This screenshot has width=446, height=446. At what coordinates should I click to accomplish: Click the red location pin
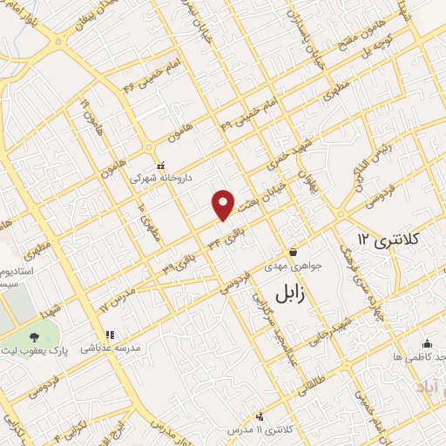click(x=223, y=205)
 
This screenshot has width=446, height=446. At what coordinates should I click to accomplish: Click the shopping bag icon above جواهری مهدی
click(x=294, y=250)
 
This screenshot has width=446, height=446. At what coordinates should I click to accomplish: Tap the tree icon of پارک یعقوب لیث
click(x=33, y=337)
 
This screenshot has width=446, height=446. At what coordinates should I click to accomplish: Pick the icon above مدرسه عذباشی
click(x=110, y=334)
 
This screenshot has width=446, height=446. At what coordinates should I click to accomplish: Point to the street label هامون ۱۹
click(x=88, y=112)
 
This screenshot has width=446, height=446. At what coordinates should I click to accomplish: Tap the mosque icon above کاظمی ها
click(x=427, y=343)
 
